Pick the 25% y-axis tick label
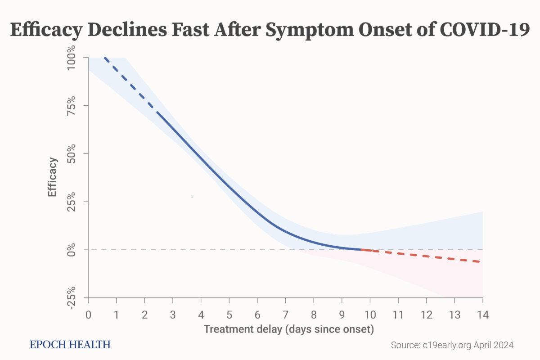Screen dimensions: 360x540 [x=72, y=202]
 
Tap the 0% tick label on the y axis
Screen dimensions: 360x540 [x=72, y=250]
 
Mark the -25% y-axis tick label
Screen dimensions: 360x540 [x=72, y=297]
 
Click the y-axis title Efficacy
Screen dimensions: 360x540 [x=53, y=176]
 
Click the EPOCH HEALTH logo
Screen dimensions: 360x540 [x=70, y=345]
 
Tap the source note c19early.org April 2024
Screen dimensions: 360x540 [x=452, y=345]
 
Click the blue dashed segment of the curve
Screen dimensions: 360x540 [x=130, y=85]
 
